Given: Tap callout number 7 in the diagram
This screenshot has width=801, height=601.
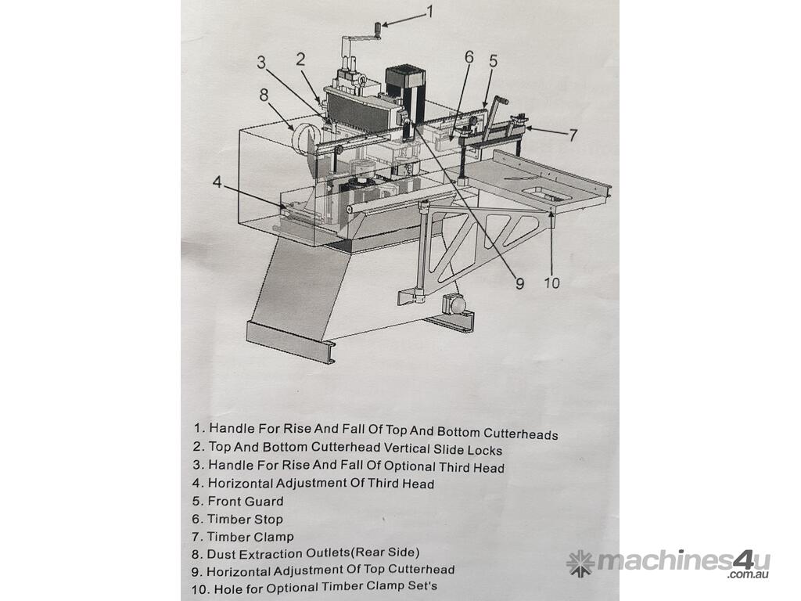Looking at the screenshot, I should point(573,135).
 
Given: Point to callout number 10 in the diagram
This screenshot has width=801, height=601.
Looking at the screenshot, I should point(552,283).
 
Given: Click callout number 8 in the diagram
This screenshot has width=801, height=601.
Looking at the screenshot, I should point(264,95).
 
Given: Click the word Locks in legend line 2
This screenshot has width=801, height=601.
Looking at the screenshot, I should point(483,450).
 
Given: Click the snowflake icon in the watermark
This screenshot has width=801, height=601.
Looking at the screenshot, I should point(580,563).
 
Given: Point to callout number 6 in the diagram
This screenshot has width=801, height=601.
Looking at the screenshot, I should point(469,57).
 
